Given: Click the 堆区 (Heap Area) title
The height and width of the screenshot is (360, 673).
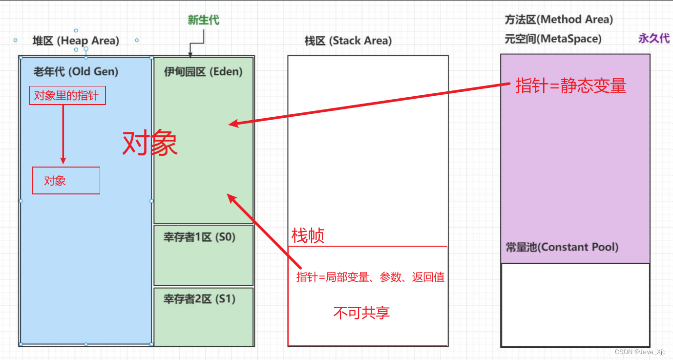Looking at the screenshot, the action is coord(76,41).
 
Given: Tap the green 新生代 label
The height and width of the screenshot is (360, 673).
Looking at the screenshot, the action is coord(203,20).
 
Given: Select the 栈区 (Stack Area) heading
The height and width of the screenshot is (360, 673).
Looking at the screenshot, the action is coord(348,41).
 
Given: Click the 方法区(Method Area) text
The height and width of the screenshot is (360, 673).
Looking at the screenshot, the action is coord(559,20).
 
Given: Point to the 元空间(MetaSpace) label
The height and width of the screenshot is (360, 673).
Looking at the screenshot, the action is coord(553,39).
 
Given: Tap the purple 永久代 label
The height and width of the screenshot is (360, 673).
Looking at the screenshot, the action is coord(653,39).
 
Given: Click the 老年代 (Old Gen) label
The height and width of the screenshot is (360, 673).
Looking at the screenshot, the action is coord(76,71).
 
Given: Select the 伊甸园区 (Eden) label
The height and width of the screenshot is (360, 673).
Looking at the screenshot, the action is coord(203,71).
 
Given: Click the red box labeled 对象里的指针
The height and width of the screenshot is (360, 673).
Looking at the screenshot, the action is coord(67,96).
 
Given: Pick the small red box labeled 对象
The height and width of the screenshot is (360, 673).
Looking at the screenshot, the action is coord(66,181).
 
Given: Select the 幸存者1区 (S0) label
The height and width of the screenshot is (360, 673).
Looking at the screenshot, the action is coord(199,237).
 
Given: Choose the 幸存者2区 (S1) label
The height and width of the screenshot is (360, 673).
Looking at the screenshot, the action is coord(199,299).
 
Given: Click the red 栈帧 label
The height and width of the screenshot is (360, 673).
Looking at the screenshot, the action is coord(308,236).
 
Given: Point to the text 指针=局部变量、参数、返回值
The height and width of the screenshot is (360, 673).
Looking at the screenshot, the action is coord(370,277).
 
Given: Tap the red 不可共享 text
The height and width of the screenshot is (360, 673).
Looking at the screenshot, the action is coord(361,313).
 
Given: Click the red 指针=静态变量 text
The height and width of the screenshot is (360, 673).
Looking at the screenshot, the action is coord(570,86).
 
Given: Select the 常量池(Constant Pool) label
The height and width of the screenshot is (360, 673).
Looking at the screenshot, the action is coord(562,247).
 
